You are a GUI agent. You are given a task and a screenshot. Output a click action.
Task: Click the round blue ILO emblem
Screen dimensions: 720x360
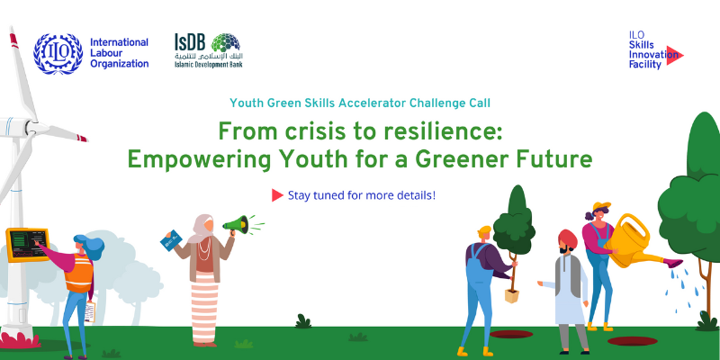[x=58, y=54]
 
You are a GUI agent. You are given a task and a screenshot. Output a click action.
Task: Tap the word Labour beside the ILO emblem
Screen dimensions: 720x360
[x=105, y=53]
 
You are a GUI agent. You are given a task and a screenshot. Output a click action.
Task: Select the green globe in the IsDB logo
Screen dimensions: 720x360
[x=226, y=42]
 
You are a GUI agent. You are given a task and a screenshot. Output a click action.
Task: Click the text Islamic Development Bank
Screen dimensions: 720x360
[x=208, y=64]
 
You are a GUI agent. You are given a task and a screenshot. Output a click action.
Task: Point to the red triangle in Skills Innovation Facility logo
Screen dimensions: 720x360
[x=674, y=55]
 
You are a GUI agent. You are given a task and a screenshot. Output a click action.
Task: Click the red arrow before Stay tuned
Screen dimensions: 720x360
[x=277, y=195]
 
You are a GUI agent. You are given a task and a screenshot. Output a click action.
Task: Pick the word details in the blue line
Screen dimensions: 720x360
[x=415, y=195]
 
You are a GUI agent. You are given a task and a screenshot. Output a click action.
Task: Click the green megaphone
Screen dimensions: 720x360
[x=237, y=224]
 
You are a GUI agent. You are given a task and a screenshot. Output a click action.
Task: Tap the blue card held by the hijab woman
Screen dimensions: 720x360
[x=171, y=240]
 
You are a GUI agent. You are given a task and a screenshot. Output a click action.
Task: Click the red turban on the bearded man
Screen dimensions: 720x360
[x=568, y=238]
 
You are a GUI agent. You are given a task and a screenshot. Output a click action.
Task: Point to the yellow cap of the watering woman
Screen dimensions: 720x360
[x=601, y=206]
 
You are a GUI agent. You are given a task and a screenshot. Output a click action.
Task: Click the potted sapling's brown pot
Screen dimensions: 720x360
[x=511, y=295]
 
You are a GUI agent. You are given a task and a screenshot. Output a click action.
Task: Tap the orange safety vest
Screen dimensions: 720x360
[x=78, y=274]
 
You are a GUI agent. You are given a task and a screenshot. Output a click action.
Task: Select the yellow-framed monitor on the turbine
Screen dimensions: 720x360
[x=28, y=244]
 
